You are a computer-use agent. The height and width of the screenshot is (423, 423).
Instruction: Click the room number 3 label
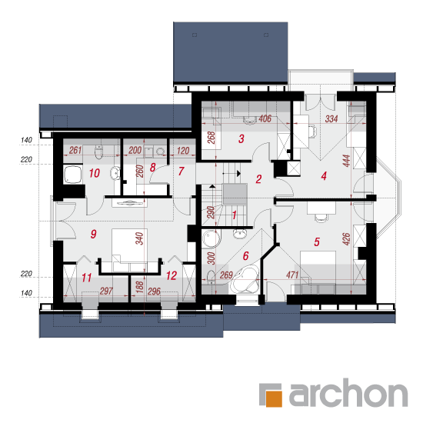[x=241, y=138]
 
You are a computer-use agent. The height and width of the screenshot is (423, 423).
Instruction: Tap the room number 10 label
[x=95, y=173]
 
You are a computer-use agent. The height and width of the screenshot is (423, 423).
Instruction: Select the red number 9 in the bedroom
[x=93, y=234]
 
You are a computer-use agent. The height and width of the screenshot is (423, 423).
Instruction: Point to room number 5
[x=317, y=242]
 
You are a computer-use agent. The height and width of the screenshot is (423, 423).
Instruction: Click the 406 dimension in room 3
[x=265, y=118]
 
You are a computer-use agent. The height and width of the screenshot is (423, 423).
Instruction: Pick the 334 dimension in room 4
[x=331, y=118]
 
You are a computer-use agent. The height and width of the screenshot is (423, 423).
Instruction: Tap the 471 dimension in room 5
[x=292, y=275]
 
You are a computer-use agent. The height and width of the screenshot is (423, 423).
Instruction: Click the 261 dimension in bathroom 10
[x=75, y=150]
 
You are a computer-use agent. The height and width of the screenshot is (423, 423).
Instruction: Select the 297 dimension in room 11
[x=106, y=291]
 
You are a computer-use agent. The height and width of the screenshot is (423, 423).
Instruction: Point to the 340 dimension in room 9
[x=139, y=238]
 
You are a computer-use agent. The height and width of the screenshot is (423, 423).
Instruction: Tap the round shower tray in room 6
[x=211, y=239]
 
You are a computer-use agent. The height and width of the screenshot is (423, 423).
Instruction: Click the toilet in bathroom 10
[x=99, y=152]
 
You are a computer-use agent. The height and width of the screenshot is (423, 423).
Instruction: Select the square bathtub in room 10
[x=73, y=175]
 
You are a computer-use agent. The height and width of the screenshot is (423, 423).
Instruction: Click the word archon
[x=348, y=392]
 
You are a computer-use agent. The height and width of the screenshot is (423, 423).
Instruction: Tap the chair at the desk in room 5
[x=321, y=218]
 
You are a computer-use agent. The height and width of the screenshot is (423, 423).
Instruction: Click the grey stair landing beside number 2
[x=235, y=194]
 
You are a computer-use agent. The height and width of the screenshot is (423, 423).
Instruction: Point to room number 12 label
[x=172, y=276]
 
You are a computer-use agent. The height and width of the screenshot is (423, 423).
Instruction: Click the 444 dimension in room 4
[x=346, y=161]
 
